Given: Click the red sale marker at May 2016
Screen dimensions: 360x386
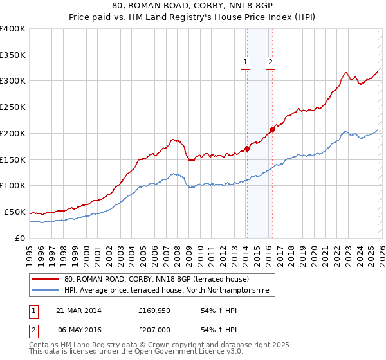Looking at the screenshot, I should pos(271,129).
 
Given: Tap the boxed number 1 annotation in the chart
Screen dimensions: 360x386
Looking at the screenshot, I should pos(246,62).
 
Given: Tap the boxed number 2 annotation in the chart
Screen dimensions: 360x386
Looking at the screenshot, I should pos(270,62).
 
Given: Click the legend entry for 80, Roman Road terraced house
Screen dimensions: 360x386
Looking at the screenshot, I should pos(161,280).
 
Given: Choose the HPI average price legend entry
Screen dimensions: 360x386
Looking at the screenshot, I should pos(170,291).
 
